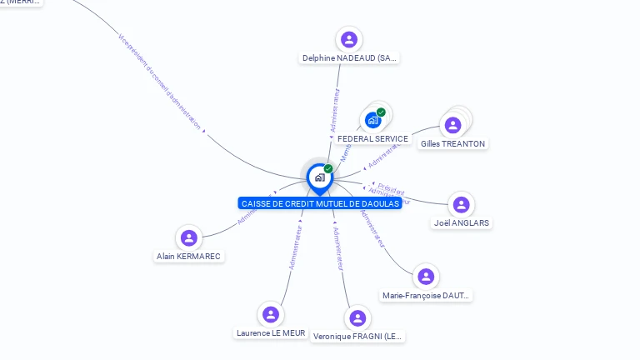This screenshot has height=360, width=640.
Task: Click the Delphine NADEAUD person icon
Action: [349, 39]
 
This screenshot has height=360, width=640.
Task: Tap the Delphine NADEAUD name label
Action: [350, 58]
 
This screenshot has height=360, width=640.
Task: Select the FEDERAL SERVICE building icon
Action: [373, 120]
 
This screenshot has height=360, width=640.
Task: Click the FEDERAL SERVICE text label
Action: [372, 139]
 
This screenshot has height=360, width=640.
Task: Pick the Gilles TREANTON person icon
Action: [452, 125]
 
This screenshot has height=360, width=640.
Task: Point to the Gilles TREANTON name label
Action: [452, 144]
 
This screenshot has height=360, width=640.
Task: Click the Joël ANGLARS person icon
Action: [461, 204]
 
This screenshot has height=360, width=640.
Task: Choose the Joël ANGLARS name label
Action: [462, 223]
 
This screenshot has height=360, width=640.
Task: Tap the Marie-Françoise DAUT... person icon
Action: [426, 277]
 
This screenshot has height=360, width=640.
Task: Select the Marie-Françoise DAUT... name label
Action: [426, 296]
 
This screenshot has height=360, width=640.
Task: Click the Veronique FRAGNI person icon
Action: [357, 317]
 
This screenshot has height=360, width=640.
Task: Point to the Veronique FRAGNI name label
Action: [357, 337]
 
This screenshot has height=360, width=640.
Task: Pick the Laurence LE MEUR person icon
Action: [270, 314]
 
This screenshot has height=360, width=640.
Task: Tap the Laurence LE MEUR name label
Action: [271, 333]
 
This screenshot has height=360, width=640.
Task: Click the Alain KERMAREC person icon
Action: [189, 237]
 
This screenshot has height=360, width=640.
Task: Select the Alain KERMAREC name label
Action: [189, 257]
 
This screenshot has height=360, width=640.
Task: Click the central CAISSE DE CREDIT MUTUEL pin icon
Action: [319, 177]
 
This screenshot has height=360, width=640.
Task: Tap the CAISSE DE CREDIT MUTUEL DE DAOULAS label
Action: [320, 203]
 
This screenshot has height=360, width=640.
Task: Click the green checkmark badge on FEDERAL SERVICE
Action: [381, 112]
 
